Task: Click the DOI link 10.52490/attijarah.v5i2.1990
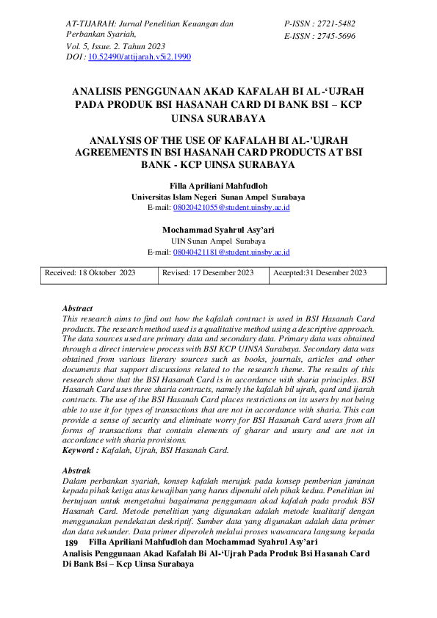[x=140, y=56]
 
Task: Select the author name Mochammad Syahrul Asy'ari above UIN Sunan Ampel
[x=218, y=230]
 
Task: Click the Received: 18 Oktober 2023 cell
[x=90, y=273]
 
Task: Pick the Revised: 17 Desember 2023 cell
[x=208, y=273]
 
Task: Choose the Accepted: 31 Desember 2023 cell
[x=319, y=273]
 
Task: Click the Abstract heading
[x=77, y=310]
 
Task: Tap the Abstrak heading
[x=76, y=468]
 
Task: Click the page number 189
[x=71, y=542]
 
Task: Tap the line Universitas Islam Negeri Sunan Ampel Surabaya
[x=218, y=197]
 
